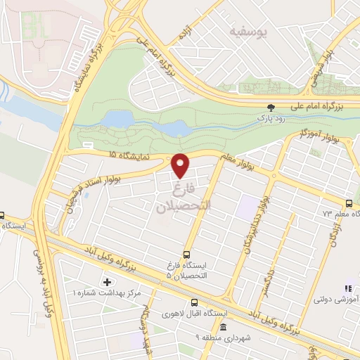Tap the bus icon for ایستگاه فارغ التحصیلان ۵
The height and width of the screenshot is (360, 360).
click(186, 255)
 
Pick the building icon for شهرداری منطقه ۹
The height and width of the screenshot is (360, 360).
click(223, 328)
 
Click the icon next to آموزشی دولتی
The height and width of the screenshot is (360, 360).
click(347, 288)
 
